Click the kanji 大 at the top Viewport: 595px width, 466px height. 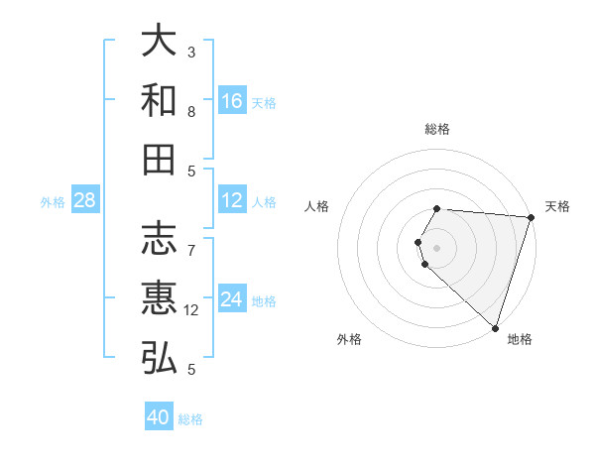[160, 41]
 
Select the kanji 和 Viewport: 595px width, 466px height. [160, 100]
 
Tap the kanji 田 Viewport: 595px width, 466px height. [160, 159]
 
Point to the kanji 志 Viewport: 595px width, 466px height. [160, 239]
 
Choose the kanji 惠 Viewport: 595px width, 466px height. [160, 298]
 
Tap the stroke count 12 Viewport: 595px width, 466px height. [191, 310]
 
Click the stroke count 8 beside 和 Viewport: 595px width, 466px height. [191, 112]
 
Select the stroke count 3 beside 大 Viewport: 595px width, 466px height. [191, 53]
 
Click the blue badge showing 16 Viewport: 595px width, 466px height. [232, 101]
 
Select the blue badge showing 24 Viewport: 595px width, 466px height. [232, 299]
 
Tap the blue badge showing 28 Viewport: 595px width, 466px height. [85, 200]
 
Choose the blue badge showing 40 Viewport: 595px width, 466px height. [159, 417]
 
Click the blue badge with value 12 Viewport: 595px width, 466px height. [232, 200]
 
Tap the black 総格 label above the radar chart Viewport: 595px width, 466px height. [437, 129]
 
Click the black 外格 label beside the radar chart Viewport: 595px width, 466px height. [349, 339]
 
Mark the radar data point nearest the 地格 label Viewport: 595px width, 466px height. [495, 328]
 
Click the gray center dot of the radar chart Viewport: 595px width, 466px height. [437, 246]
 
